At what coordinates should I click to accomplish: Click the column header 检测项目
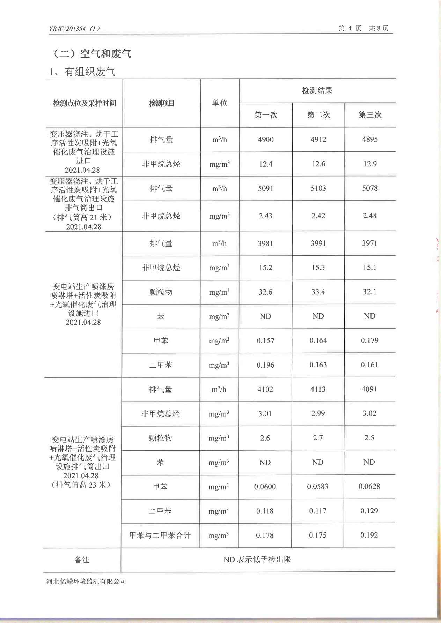[162, 103]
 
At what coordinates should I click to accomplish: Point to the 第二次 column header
[318, 115]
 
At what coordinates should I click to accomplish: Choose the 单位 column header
[220, 103]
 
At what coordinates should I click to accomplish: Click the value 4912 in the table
[318, 140]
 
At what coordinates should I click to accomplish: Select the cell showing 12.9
[370, 164]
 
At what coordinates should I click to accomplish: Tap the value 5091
[265, 188]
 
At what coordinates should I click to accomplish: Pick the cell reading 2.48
[369, 216]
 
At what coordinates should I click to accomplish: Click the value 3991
[318, 243]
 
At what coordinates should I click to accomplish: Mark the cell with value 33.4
[318, 292]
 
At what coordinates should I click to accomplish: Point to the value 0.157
[265, 340]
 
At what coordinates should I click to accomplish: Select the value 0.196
[265, 365]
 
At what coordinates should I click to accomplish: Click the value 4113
[318, 389]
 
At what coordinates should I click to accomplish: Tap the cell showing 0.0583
[318, 487]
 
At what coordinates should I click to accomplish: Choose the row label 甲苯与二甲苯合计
[160, 535]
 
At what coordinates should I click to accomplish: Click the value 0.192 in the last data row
[369, 535]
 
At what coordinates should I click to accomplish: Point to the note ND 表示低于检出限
[257, 560]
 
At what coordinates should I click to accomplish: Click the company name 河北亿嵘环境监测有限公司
[86, 581]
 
